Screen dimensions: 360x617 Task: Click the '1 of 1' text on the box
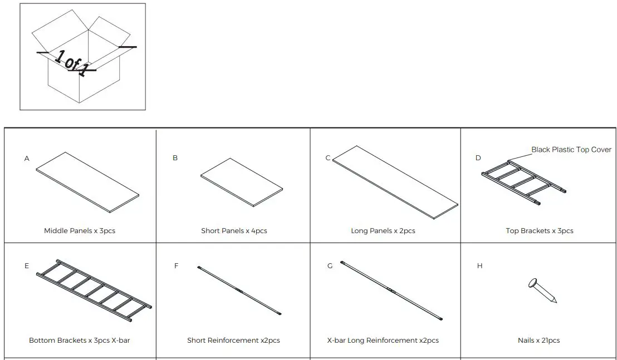[x=71, y=62]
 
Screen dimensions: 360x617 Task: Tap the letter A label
[x=27, y=159]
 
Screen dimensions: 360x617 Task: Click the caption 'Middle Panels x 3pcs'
[x=80, y=230]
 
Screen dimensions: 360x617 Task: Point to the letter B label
[x=175, y=158]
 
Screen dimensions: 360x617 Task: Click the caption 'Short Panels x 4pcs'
[x=234, y=230]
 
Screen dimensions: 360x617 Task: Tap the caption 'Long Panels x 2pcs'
[x=383, y=230]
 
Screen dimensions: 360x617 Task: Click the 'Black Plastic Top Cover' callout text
[x=571, y=150]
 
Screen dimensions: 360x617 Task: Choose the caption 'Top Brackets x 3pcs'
[x=539, y=230]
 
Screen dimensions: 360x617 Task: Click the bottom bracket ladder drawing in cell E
[x=94, y=290]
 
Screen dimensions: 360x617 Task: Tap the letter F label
[x=177, y=266]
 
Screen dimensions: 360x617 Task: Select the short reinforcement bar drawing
[x=240, y=290]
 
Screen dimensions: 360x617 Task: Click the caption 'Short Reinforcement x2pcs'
[x=233, y=340]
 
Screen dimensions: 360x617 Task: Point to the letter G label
[x=330, y=266]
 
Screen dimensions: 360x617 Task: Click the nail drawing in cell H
[x=542, y=290]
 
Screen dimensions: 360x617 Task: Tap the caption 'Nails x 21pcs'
[x=538, y=340]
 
